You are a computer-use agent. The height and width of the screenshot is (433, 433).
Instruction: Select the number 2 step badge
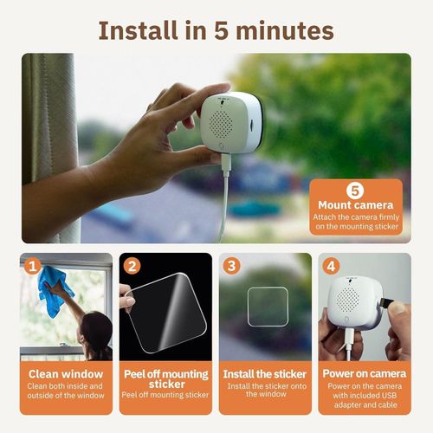tap(132, 266)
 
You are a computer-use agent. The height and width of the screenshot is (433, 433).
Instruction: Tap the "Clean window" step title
tap(66, 374)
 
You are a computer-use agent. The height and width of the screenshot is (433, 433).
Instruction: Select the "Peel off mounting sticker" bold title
tap(165, 379)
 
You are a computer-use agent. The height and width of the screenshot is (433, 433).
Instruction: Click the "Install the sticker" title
tap(264, 374)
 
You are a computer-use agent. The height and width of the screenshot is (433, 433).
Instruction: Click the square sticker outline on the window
tap(266, 307)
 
